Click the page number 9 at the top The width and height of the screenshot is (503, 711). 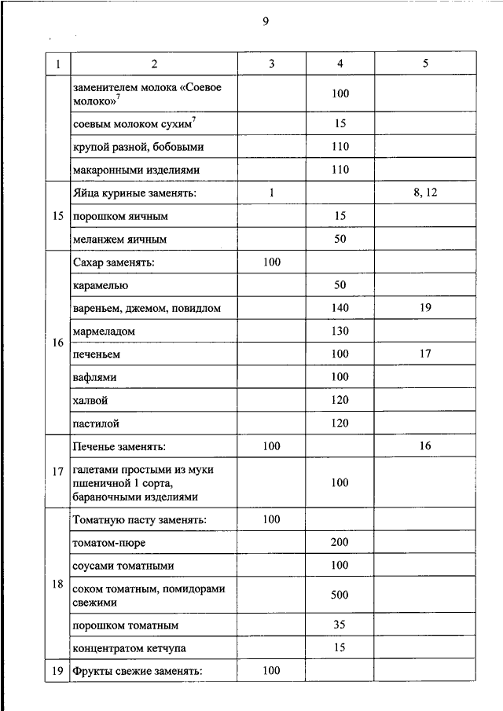click(266, 22)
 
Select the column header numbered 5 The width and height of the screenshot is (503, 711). click(425, 64)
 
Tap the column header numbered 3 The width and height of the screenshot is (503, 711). click(271, 64)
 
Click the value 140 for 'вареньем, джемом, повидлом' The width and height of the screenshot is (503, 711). click(340, 309)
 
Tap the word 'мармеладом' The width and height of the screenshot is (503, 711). click(103, 332)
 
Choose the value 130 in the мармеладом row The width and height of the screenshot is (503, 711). click(340, 332)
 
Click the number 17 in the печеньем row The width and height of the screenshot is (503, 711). click(425, 354)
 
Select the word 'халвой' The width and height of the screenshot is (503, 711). click(90, 401)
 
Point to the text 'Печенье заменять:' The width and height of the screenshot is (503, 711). click(119, 446)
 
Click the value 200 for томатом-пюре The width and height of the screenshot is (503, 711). click(340, 542)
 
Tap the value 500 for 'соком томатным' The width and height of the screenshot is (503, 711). click(340, 595)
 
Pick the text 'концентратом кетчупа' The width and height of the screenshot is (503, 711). click(130, 648)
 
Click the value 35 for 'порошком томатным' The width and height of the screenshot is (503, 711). click(340, 625)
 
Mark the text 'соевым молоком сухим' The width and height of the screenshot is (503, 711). click(130, 124)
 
